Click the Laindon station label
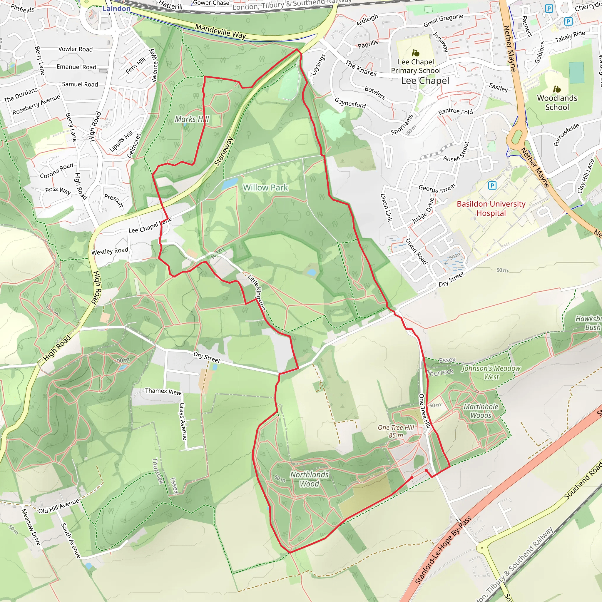(x=116, y=9)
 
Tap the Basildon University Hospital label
(x=491, y=208)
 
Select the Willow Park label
(x=265, y=188)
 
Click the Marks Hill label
(x=192, y=119)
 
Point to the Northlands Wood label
(x=310, y=479)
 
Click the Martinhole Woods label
(x=481, y=411)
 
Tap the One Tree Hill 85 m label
(x=396, y=431)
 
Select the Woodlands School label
(x=557, y=103)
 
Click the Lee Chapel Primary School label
(x=416, y=66)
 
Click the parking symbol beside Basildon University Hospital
(x=492, y=186)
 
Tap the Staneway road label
(x=224, y=151)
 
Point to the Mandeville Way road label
(x=221, y=31)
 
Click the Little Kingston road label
(x=256, y=292)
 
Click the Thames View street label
(x=163, y=391)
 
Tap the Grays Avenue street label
(x=183, y=421)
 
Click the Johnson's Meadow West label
(x=491, y=372)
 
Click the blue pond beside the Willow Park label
(x=230, y=185)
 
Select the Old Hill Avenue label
(x=58, y=506)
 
